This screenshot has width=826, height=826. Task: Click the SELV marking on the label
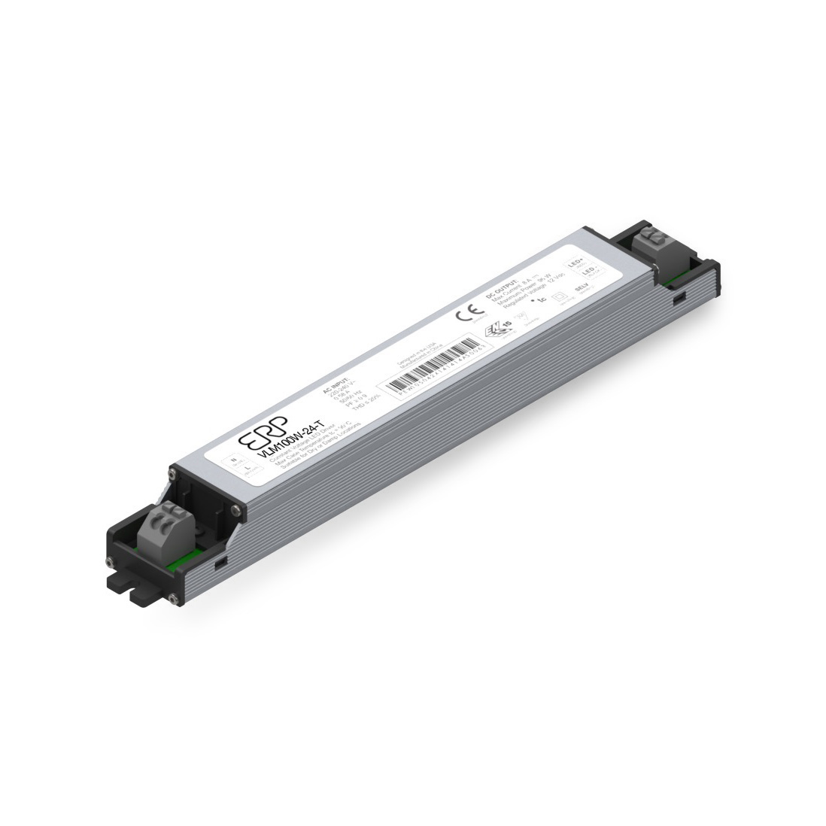tap(580, 288)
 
